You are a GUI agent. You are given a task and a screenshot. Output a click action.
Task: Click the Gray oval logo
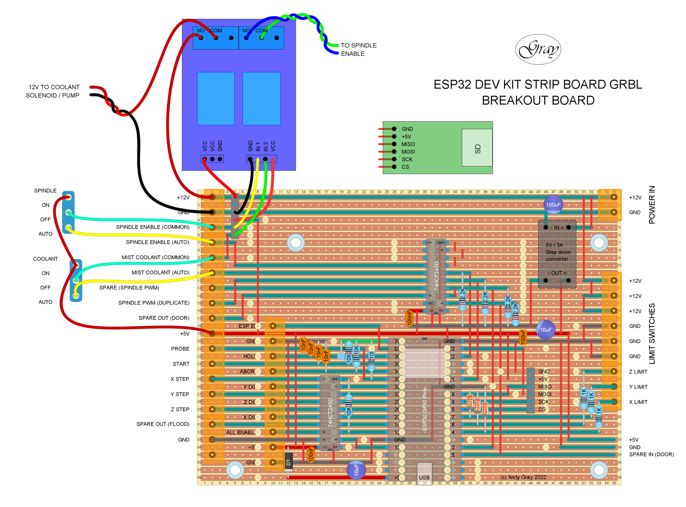pos(538,49)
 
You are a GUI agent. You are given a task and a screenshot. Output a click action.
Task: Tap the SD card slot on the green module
pos(477,148)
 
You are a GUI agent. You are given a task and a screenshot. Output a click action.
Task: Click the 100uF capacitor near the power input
pos(553,205)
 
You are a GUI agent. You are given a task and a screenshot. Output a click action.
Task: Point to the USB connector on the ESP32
pos(424,472)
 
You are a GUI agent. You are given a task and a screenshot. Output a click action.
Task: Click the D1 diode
pos(288,462)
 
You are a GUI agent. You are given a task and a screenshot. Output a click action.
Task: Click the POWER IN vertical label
pos(651,205)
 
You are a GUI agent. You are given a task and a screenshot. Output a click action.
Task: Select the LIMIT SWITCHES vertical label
pos(651,334)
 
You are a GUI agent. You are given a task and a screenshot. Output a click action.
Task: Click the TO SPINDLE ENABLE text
pos(358,50)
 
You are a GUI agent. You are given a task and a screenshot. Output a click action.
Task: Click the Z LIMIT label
pos(638,372)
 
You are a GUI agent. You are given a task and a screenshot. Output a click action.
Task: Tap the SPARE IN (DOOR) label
pos(651,454)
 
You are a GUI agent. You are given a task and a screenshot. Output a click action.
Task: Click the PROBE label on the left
pos(180,349)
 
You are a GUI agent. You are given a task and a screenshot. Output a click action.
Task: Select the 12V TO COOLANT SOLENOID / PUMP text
pos(53,91)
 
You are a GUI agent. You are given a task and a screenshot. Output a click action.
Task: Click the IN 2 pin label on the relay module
pos(265,146)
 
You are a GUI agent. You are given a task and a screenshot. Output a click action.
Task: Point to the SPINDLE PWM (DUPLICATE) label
pos(154,303)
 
